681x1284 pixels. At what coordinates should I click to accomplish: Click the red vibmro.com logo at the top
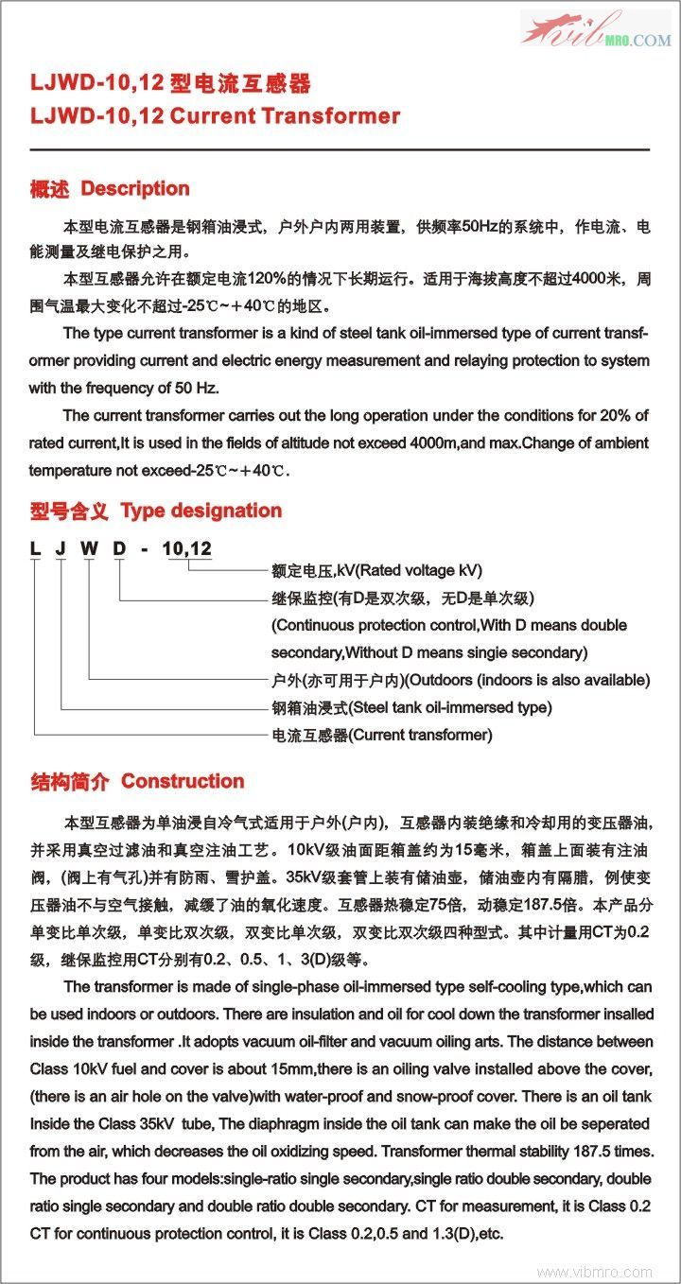coord(595,30)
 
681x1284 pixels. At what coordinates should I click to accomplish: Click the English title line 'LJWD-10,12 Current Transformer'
coord(215,116)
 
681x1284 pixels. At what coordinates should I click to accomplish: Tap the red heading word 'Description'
coord(135,188)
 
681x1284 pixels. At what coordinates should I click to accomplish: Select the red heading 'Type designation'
coord(201,511)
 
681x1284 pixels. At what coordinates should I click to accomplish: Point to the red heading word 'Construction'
coord(183,781)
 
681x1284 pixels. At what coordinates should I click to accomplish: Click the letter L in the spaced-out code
coord(34,548)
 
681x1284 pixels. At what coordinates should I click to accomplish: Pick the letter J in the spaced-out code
coord(61,548)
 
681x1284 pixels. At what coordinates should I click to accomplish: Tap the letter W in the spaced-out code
coord(90,548)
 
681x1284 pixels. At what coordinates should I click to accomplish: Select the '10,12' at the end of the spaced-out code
coord(187,548)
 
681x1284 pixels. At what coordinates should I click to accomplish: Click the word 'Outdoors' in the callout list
coord(442,680)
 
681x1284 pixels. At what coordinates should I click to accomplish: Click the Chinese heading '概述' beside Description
coord(49,188)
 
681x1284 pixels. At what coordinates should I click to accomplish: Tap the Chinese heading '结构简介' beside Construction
coord(69,781)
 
